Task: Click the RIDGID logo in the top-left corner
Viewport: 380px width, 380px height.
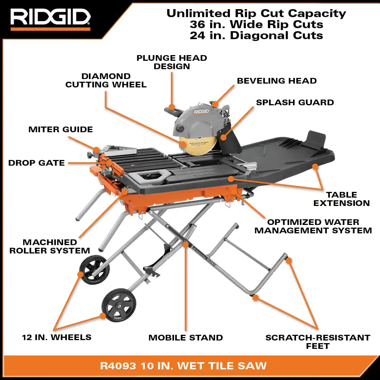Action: [51, 17]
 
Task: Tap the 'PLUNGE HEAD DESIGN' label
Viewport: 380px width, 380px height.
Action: [172, 62]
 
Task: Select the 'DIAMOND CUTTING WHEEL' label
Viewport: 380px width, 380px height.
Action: [106, 80]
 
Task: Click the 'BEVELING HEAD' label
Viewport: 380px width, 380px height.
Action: [277, 81]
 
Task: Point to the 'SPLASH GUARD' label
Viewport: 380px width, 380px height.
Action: [295, 102]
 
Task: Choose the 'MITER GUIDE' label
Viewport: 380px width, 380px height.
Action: [60, 129]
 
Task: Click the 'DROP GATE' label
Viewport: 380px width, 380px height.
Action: [36, 163]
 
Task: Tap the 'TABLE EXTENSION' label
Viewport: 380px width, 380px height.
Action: [342, 199]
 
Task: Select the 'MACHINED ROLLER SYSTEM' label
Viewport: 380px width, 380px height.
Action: [50, 246]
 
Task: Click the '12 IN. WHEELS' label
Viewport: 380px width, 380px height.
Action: [57, 337]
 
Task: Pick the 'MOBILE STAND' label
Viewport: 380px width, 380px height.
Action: [186, 337]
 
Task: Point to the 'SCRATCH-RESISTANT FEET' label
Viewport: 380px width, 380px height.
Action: [318, 342]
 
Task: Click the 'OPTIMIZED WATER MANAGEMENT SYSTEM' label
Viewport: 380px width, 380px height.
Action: [313, 226]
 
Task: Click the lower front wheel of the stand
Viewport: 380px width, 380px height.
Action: [119, 305]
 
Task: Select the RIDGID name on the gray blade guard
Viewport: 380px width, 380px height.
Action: [201, 111]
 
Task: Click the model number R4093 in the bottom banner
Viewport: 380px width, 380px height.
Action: [118, 366]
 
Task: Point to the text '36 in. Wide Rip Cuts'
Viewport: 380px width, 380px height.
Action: [256, 24]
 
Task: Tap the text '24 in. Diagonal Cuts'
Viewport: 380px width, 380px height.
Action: [256, 36]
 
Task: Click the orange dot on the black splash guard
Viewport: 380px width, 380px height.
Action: [223, 138]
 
